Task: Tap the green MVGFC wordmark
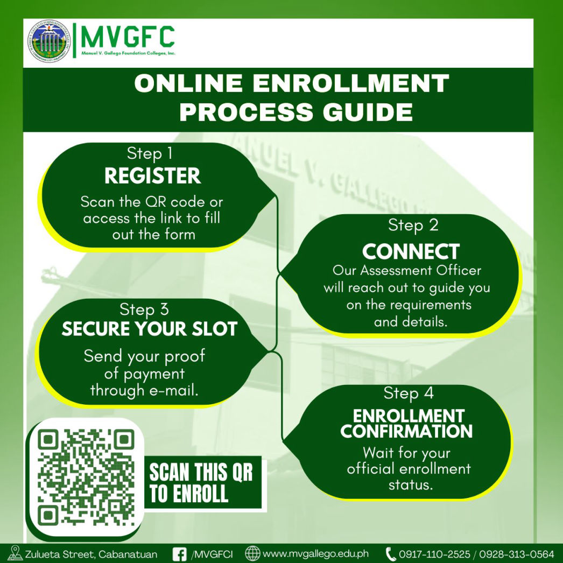click(128, 37)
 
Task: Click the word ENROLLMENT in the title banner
click(351, 83)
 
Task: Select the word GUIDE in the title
click(368, 111)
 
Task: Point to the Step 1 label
click(150, 154)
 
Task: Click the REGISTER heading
click(153, 175)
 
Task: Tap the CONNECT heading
click(411, 251)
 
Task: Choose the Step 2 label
click(413, 226)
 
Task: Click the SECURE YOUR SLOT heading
click(150, 328)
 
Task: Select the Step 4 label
click(408, 393)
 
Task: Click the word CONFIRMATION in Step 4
click(406, 432)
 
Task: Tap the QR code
click(86, 477)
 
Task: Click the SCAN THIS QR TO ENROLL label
click(201, 482)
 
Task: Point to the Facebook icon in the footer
click(180, 554)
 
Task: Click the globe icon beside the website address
click(252, 554)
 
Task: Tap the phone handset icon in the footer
click(391, 554)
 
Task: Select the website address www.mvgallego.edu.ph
click(315, 554)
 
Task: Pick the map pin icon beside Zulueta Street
click(15, 553)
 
